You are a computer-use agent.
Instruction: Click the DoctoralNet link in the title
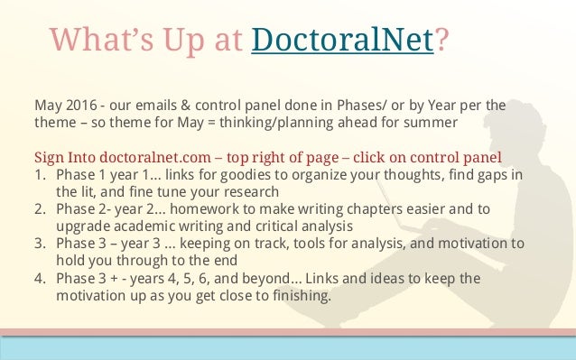[343, 41]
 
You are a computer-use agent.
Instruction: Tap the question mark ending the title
[442, 41]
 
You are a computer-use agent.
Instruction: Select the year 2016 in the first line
[79, 104]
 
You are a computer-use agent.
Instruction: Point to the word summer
[432, 120]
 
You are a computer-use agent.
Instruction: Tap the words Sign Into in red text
[64, 154]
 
